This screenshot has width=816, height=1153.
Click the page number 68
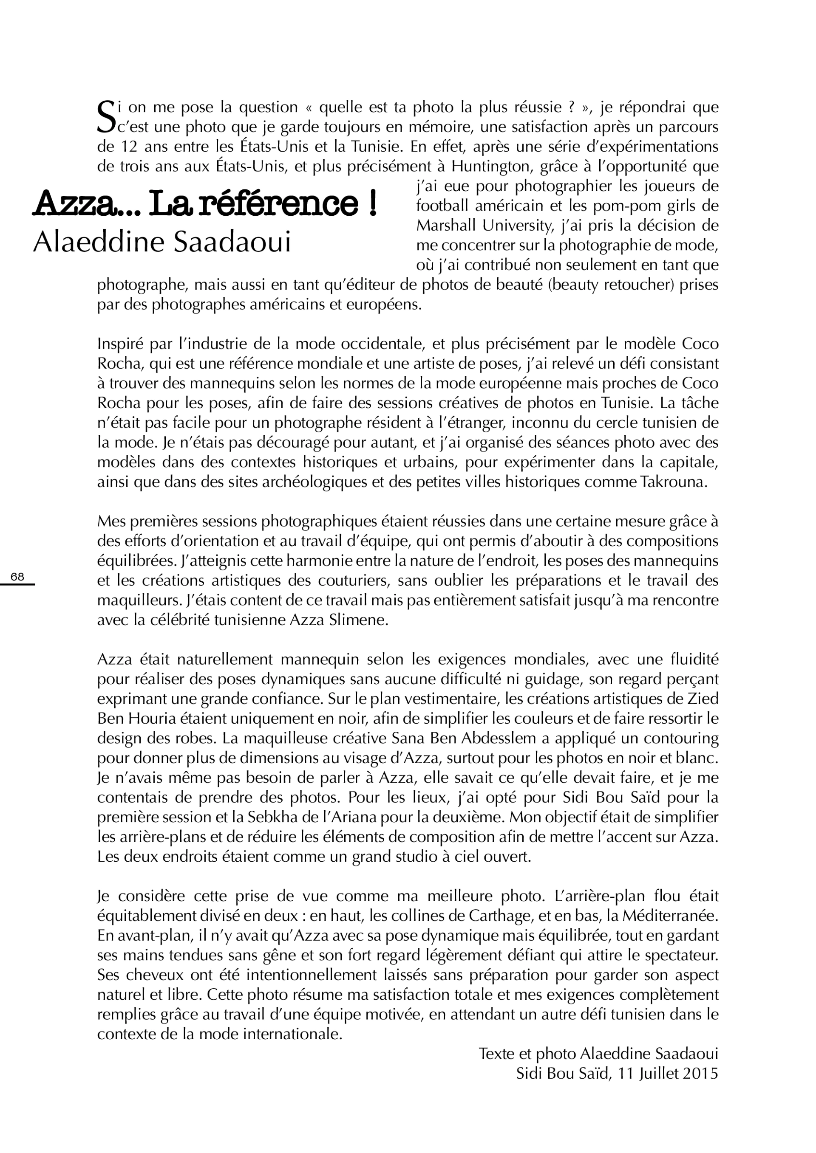pyautogui.click(x=17, y=577)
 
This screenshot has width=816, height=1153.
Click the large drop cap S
pyautogui.click(x=106, y=117)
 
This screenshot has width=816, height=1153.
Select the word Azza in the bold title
pyautogui.click(x=73, y=204)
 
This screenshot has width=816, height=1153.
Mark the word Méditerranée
pyautogui.click(x=670, y=916)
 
